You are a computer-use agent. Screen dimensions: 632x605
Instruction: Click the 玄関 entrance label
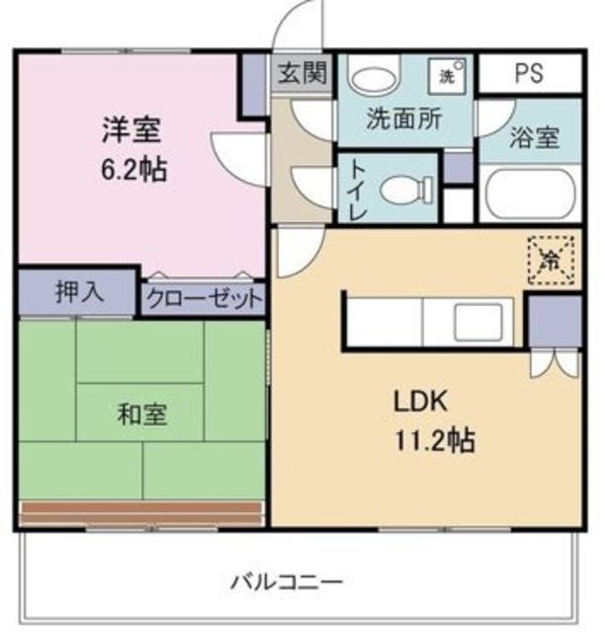pyautogui.click(x=302, y=74)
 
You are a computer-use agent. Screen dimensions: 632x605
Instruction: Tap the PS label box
pyautogui.click(x=529, y=74)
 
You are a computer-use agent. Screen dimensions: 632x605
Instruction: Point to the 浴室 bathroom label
pyautogui.click(x=535, y=137)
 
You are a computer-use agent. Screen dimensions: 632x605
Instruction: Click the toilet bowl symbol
pyautogui.click(x=406, y=188)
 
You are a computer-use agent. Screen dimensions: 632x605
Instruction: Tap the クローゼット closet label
pyautogui.click(x=205, y=297)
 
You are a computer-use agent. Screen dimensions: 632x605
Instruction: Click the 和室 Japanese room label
pyautogui.click(x=142, y=414)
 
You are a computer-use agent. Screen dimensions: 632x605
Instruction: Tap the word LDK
pyautogui.click(x=422, y=402)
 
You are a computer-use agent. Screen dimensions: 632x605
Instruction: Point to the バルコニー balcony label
pyautogui.click(x=287, y=582)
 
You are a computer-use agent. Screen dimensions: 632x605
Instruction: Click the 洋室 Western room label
pyautogui.click(x=130, y=129)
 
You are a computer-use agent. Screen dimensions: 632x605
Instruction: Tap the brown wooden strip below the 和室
pyautogui.click(x=142, y=513)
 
